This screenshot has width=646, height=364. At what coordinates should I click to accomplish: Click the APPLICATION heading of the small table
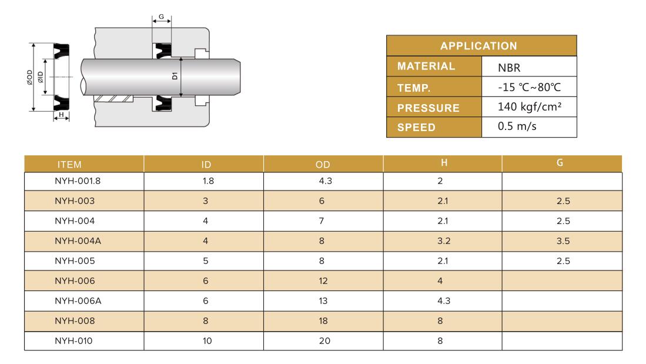(x=478, y=46)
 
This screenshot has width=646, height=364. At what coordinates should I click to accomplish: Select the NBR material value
(x=509, y=68)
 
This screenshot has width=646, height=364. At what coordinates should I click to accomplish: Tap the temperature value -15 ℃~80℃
(x=529, y=88)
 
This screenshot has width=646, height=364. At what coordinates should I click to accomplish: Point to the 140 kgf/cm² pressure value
(x=530, y=107)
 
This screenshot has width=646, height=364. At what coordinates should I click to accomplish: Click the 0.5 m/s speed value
(x=517, y=126)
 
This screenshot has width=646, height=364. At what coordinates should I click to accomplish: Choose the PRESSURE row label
(x=428, y=108)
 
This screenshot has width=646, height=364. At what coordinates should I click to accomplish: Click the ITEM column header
(x=69, y=165)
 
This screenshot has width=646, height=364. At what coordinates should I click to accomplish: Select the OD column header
(x=323, y=165)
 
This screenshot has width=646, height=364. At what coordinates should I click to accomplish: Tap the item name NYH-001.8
(x=78, y=181)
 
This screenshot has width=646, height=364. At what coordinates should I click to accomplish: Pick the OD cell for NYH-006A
(x=323, y=301)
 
